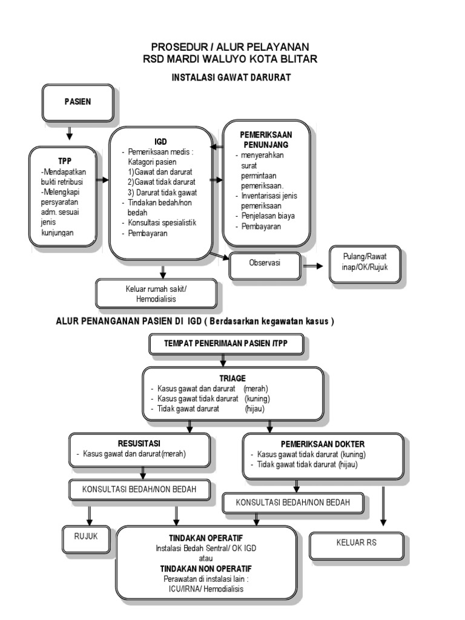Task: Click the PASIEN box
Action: (77, 102)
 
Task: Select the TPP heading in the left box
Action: (65, 162)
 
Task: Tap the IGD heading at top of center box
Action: (160, 141)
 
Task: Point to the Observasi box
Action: (265, 263)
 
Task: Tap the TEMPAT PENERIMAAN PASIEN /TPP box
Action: (227, 343)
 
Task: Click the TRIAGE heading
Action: (232, 378)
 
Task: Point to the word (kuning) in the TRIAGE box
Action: (257, 398)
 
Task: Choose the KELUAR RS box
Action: (356, 542)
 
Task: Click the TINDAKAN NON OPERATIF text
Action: (206, 569)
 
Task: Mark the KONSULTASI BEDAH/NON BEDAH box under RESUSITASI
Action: (141, 489)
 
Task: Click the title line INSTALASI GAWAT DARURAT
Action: (232, 77)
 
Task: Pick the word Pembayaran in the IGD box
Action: (148, 234)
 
